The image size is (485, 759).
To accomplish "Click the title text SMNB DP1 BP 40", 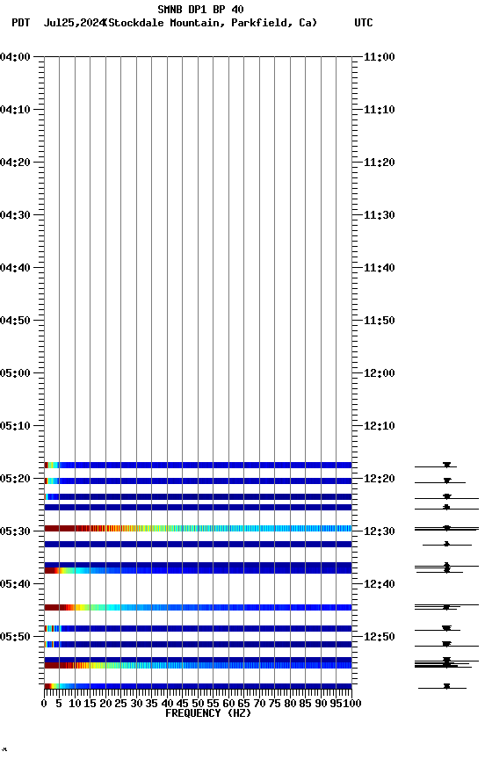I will [x=200, y=10].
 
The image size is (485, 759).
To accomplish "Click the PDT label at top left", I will [x=20, y=23].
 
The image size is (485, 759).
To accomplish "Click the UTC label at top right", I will [x=364, y=23].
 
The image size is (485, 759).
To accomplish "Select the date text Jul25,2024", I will [x=73, y=23].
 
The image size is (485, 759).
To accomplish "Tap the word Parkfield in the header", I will [x=263, y=23].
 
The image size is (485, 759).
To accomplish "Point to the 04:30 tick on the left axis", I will [x=16, y=215].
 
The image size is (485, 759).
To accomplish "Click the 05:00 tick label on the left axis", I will [x=16, y=373].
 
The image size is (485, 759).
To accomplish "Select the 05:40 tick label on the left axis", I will [x=16, y=584].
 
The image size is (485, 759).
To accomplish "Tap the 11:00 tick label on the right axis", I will [x=379, y=57].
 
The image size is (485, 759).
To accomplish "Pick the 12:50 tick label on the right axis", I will [x=379, y=637].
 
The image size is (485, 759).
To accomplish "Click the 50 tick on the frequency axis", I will [x=198, y=704].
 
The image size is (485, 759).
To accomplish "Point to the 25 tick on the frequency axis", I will [x=121, y=704].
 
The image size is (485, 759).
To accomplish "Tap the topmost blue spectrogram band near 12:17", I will [x=198, y=465].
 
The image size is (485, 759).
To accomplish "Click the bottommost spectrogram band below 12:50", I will [x=198, y=686].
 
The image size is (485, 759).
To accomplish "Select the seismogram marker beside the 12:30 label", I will [x=446, y=528].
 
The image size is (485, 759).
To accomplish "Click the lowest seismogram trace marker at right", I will [x=446, y=686].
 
